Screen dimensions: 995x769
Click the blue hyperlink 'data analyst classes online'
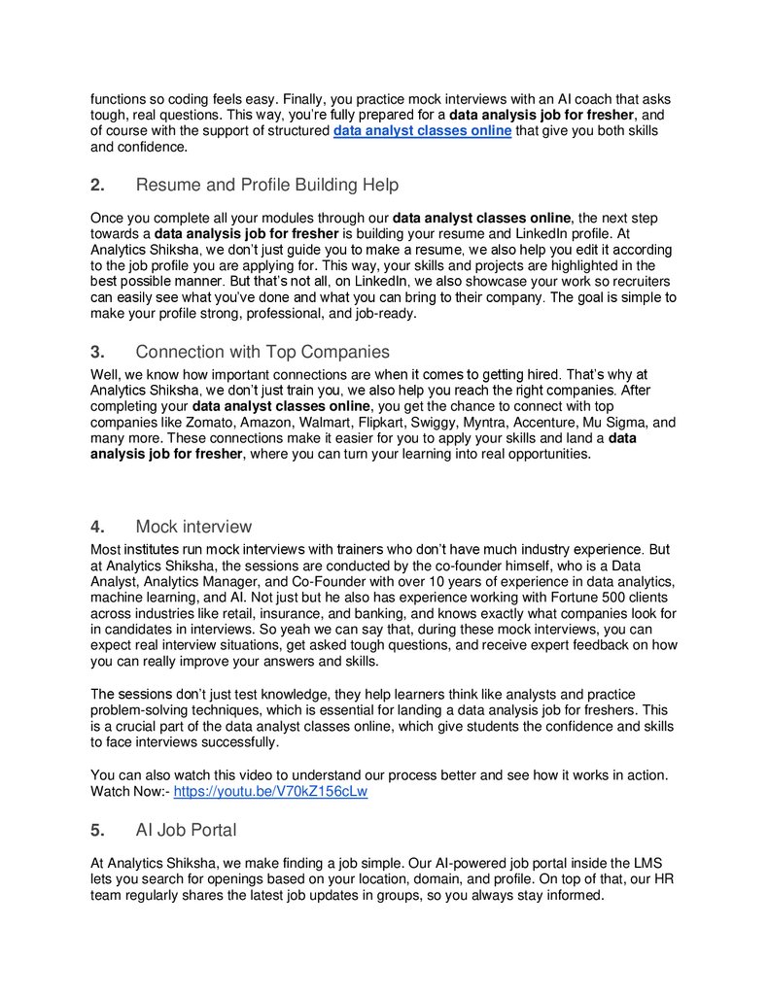coord(422,130)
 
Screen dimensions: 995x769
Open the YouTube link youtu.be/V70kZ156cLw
coord(270,791)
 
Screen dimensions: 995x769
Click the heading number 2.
coord(96,185)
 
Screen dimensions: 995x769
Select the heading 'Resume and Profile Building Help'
coord(267,185)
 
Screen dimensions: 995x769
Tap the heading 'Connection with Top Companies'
coord(262,352)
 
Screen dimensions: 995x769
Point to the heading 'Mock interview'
coord(193,527)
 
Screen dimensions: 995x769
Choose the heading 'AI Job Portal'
coord(186,830)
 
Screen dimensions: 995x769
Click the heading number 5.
coord(96,830)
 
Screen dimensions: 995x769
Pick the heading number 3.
coord(96,352)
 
